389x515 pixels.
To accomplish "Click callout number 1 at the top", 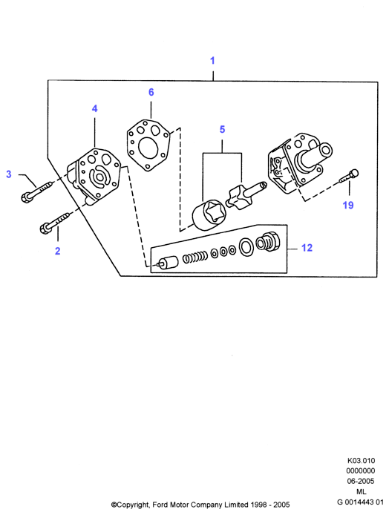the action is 212,60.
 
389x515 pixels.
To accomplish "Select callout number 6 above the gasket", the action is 151,92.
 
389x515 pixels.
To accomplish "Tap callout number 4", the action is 94,108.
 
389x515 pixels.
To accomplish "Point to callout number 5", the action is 222,129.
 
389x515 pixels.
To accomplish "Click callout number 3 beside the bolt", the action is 9,174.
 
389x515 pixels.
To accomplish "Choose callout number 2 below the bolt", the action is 57,251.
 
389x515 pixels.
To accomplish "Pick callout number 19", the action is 348,206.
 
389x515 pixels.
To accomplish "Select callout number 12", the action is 307,248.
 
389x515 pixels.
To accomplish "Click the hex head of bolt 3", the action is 26,197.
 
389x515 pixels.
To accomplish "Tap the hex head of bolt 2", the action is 45,228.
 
